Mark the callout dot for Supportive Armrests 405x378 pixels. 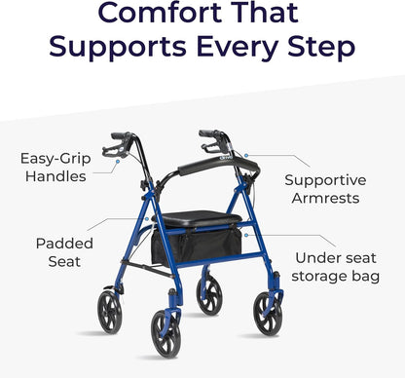click(x=248, y=155)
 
